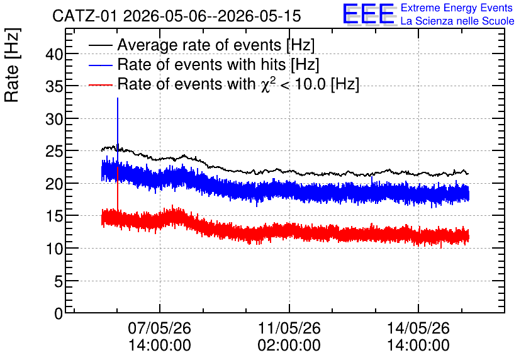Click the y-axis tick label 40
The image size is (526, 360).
click(54, 54)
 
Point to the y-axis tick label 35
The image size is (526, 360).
click(54, 87)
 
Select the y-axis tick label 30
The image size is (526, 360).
click(54, 119)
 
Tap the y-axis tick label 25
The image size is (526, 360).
click(54, 152)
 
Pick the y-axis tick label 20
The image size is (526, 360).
click(54, 184)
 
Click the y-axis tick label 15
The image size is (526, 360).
click(54, 217)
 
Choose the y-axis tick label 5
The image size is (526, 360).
click(59, 281)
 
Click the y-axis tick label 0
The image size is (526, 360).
click(59, 313)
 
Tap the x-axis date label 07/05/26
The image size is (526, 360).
click(160, 328)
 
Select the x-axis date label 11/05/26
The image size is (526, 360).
click(289, 328)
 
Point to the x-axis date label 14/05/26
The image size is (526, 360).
click(418, 328)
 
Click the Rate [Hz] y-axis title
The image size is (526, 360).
click(12, 65)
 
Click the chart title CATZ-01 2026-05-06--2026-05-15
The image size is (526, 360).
click(176, 16)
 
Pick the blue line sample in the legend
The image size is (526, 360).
click(101, 65)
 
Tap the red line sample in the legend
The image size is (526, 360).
click(101, 85)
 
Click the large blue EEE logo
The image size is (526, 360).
click(369, 14)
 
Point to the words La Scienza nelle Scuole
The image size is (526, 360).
click(457, 21)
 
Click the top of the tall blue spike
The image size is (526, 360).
click(118, 98)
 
